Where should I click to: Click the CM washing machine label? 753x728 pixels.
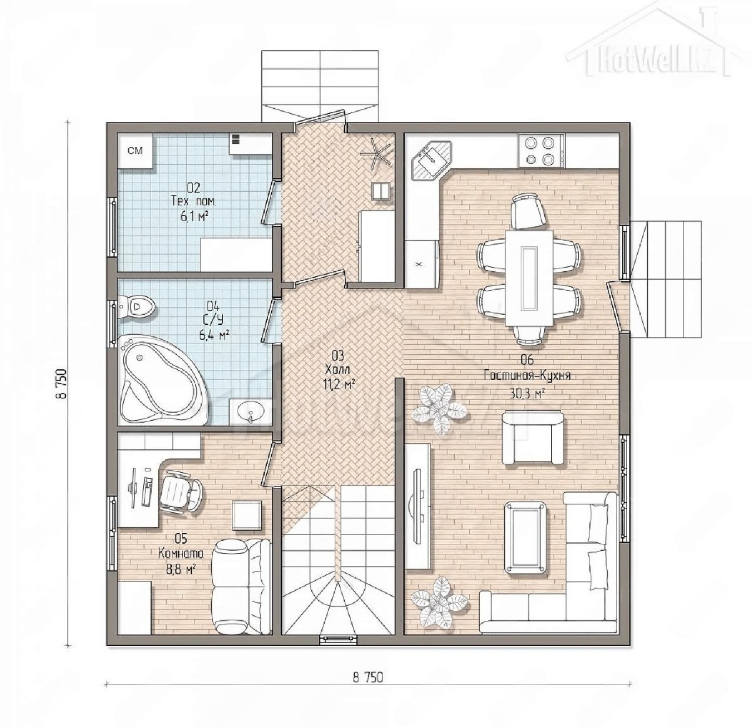(135, 151)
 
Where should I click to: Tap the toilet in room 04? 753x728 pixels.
(136, 307)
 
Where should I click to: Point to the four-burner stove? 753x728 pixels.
(541, 151)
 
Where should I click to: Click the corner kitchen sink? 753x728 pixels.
(431, 161)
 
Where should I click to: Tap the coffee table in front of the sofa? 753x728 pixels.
(525, 537)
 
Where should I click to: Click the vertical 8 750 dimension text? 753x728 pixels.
(62, 384)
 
